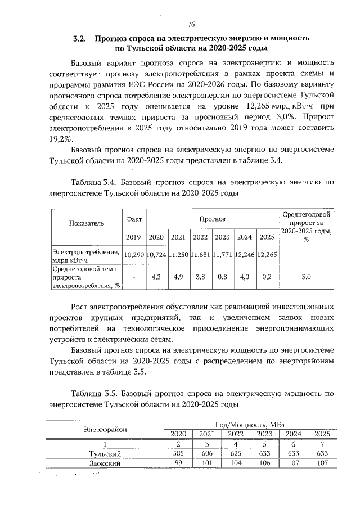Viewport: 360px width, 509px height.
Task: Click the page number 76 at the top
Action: [191, 24]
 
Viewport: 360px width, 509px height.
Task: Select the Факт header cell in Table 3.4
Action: [134, 218]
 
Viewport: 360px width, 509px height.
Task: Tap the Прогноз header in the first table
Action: [211, 218]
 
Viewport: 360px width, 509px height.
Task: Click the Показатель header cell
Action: [87, 223]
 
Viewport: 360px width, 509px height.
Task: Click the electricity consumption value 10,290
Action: [134, 254]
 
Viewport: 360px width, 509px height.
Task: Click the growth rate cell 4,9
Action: [179, 277]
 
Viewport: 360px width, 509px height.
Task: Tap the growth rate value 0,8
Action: [223, 277]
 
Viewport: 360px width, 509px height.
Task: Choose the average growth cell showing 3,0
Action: [307, 277]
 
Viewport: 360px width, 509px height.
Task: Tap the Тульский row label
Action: [105, 453]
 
